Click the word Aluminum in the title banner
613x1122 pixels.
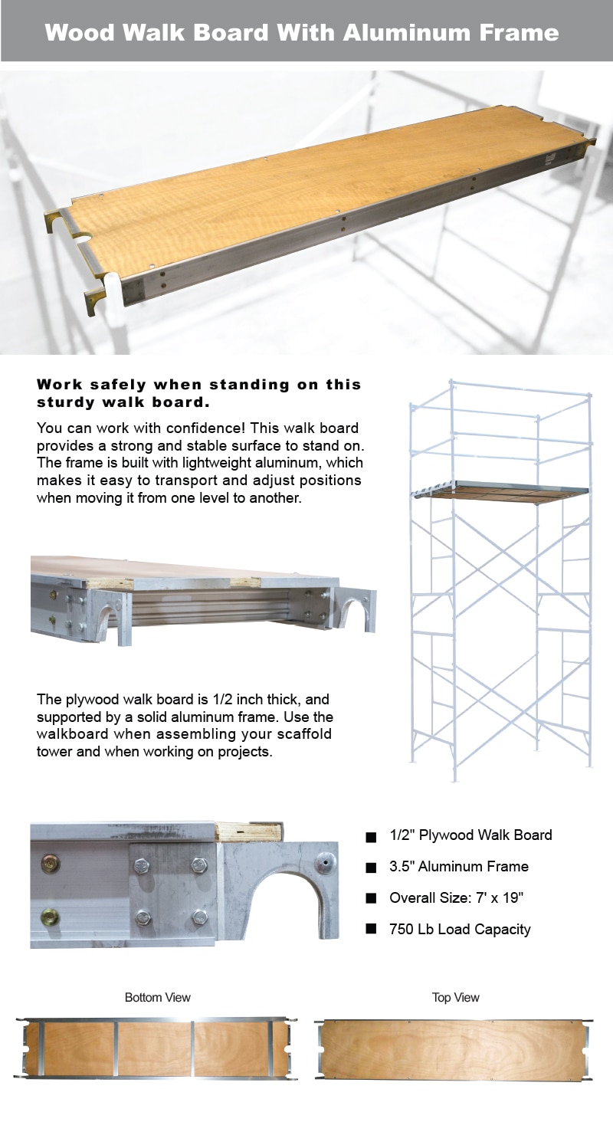[398, 32]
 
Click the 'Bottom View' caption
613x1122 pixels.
[157, 997]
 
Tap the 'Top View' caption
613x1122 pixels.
[455, 997]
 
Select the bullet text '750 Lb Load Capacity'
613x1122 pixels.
[460, 929]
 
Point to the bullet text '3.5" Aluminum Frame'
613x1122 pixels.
[458, 866]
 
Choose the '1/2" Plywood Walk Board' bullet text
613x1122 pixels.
[470, 835]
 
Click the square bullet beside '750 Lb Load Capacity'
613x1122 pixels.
[372, 929]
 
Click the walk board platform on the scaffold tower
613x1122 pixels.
[498, 491]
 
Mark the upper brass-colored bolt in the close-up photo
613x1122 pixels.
[51, 864]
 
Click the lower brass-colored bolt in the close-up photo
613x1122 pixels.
[51, 916]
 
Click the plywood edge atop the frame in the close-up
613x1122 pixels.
[249, 832]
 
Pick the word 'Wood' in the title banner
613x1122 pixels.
[80, 32]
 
